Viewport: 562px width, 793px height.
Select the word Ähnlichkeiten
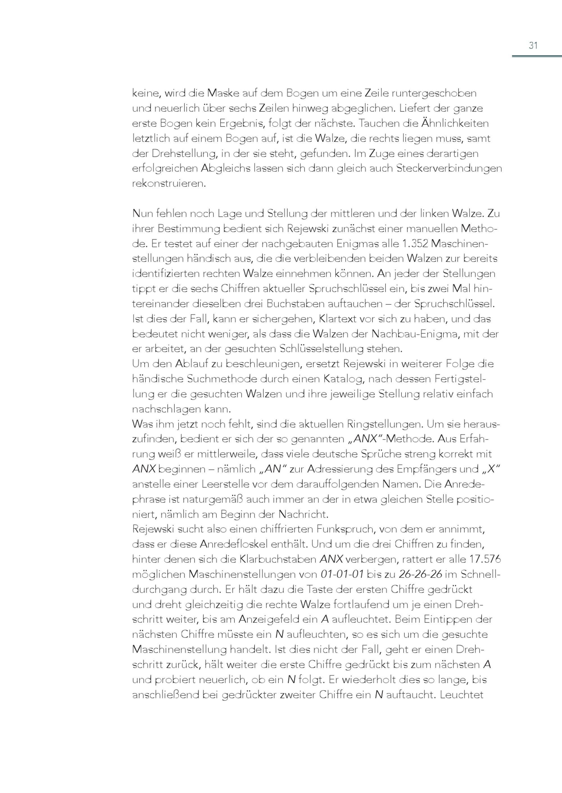coord(454,123)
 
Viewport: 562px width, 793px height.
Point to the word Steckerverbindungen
coord(449,169)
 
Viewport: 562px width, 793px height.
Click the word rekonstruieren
coord(169,184)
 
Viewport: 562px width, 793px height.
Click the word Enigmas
coord(355,244)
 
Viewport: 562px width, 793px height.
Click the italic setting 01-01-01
coord(342,574)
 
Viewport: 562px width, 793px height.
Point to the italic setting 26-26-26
coord(420,574)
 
